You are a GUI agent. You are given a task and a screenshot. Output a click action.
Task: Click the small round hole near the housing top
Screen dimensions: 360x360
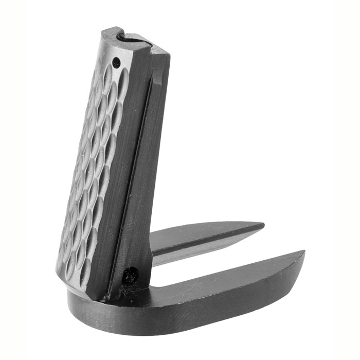116,63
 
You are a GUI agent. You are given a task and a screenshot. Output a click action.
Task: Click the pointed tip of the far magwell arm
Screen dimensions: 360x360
263,226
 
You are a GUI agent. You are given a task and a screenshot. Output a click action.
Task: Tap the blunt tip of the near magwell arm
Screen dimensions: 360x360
303,255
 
